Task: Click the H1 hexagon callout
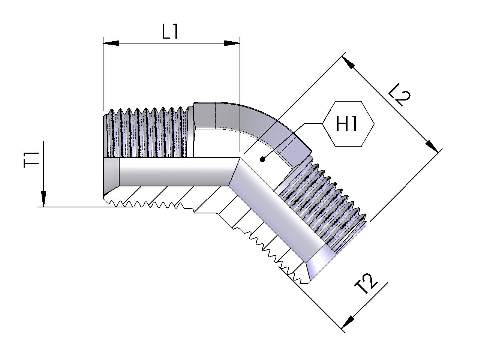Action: (348, 124)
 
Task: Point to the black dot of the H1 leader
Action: (262, 160)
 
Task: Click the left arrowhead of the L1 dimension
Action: (111, 43)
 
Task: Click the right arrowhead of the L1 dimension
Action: (232, 43)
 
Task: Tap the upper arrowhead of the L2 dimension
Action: (348, 63)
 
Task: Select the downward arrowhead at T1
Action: (44, 199)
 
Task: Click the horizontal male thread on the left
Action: (148, 133)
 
